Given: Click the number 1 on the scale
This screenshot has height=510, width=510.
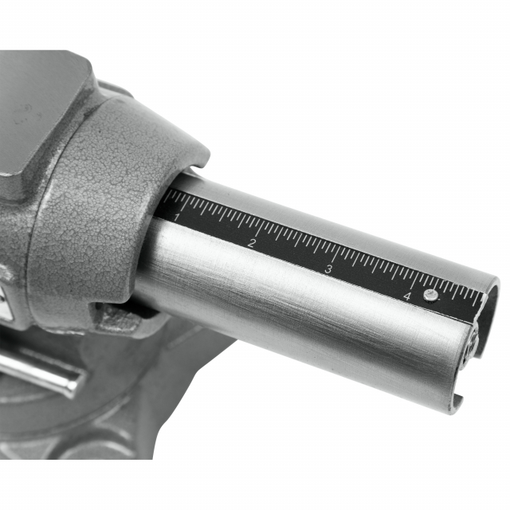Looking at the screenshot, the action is [177, 217].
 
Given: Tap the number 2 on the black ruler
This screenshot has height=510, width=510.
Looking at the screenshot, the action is [252, 243].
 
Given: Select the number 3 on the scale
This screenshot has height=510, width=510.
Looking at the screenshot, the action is [329, 269].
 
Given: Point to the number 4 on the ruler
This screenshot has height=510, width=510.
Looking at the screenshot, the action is [407, 296].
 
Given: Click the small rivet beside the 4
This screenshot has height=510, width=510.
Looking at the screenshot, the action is [430, 295].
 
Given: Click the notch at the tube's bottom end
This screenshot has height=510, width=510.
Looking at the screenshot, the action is [458, 402].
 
